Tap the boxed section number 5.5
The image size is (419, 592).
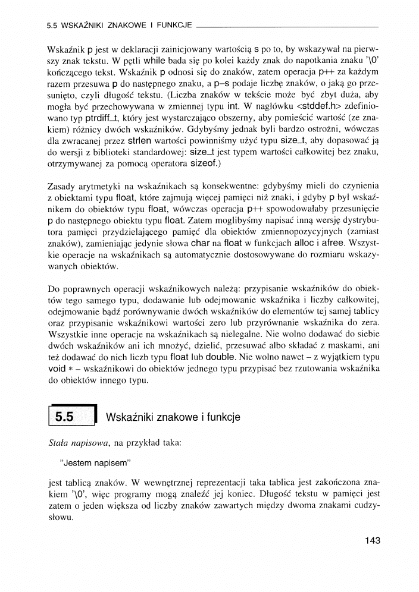64,417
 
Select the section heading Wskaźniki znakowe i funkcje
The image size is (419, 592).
173,417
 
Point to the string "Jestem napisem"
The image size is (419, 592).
95,461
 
